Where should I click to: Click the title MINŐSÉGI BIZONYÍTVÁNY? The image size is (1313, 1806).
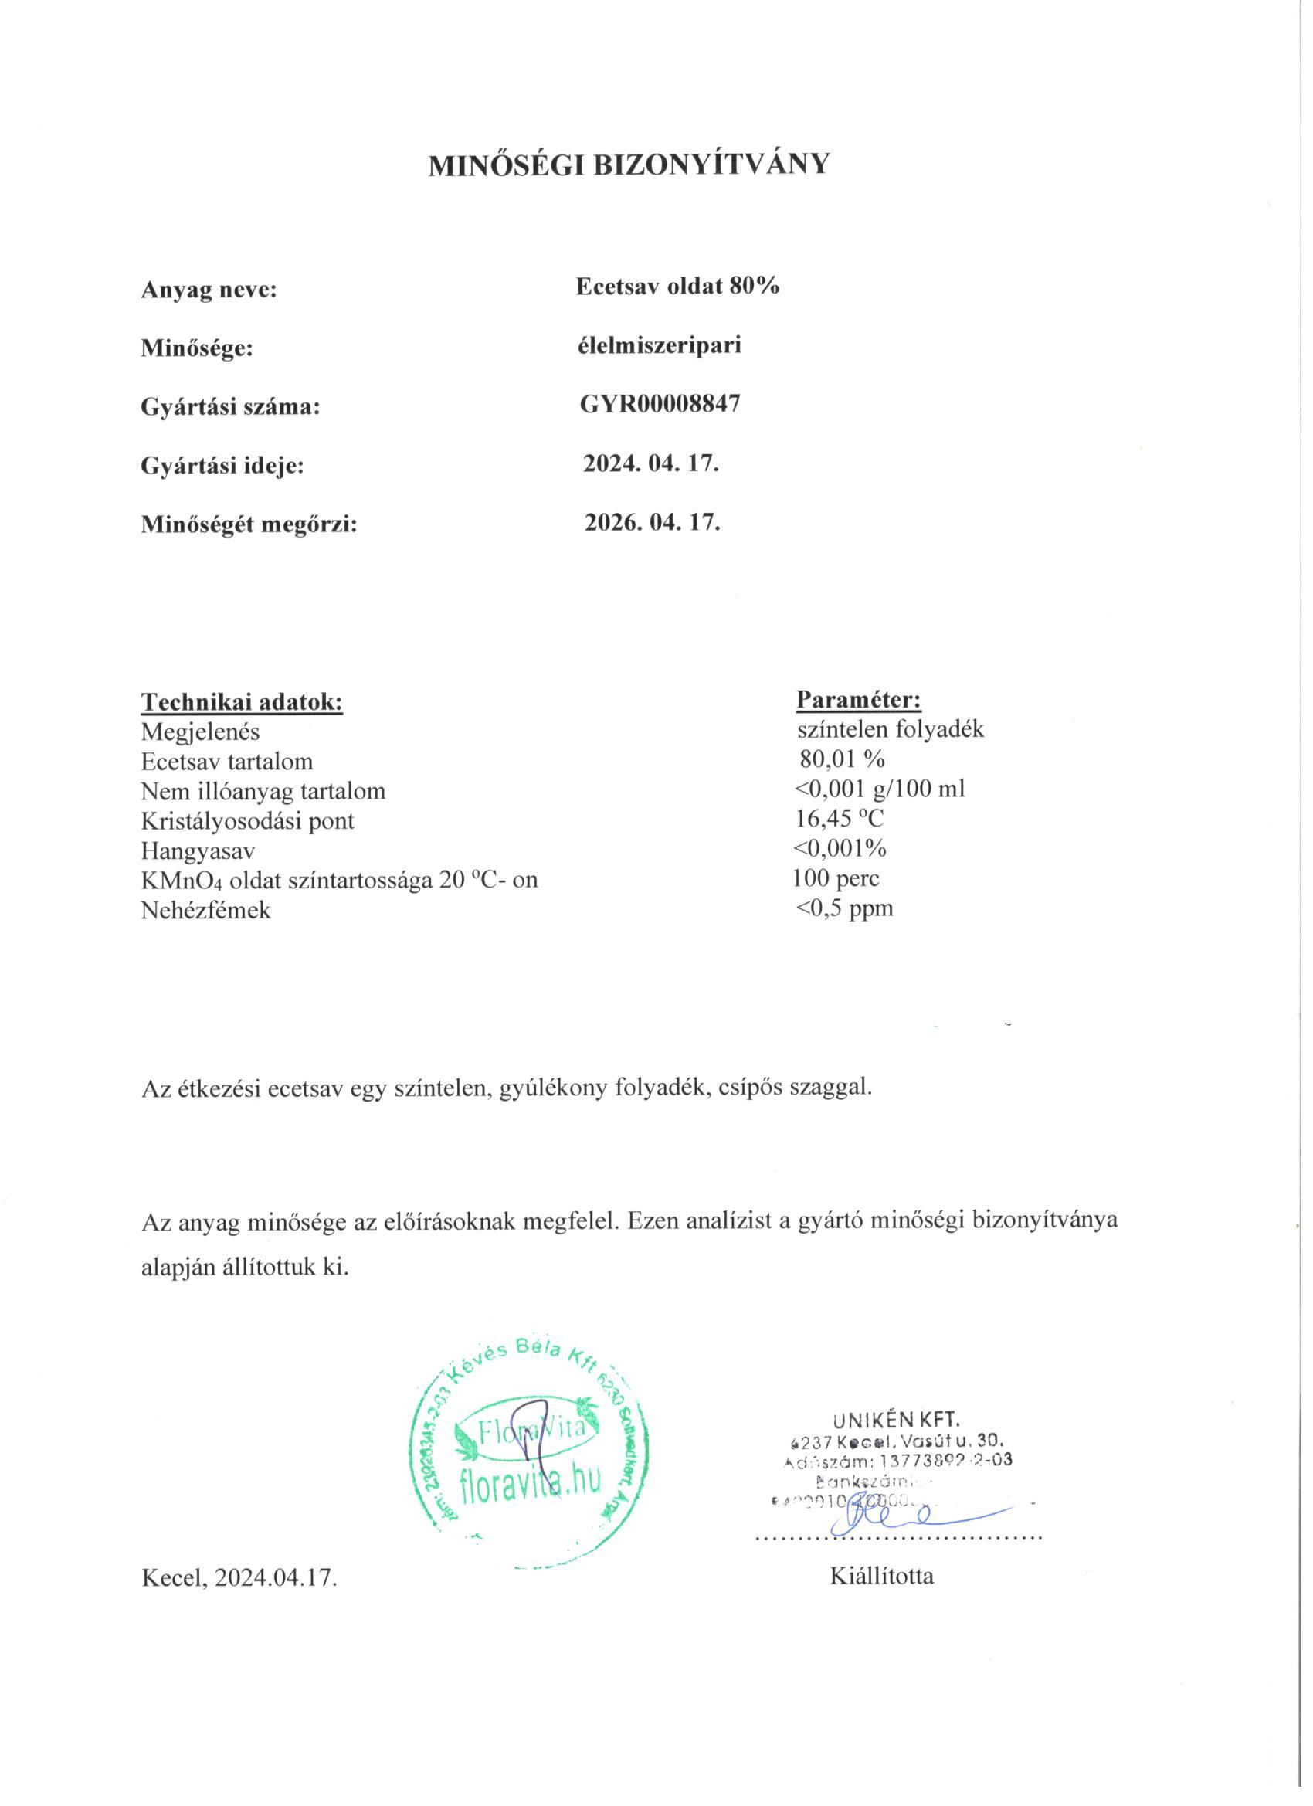[x=628, y=165]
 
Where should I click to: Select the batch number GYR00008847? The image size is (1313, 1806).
[x=660, y=405]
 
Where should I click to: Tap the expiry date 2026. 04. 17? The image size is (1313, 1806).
[x=652, y=522]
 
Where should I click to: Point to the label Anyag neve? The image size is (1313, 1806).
[x=209, y=290]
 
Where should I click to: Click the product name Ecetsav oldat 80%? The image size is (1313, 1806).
[x=677, y=287]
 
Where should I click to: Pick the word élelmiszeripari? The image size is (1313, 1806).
[x=660, y=345]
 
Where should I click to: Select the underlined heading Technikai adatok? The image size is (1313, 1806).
[x=242, y=702]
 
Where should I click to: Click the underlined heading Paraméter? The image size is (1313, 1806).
[x=858, y=700]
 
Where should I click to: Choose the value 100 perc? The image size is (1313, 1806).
[x=836, y=878]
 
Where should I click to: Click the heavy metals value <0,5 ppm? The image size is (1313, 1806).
[x=845, y=908]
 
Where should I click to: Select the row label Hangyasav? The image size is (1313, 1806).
[x=198, y=850]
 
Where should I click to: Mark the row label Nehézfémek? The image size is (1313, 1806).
[x=205, y=910]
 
